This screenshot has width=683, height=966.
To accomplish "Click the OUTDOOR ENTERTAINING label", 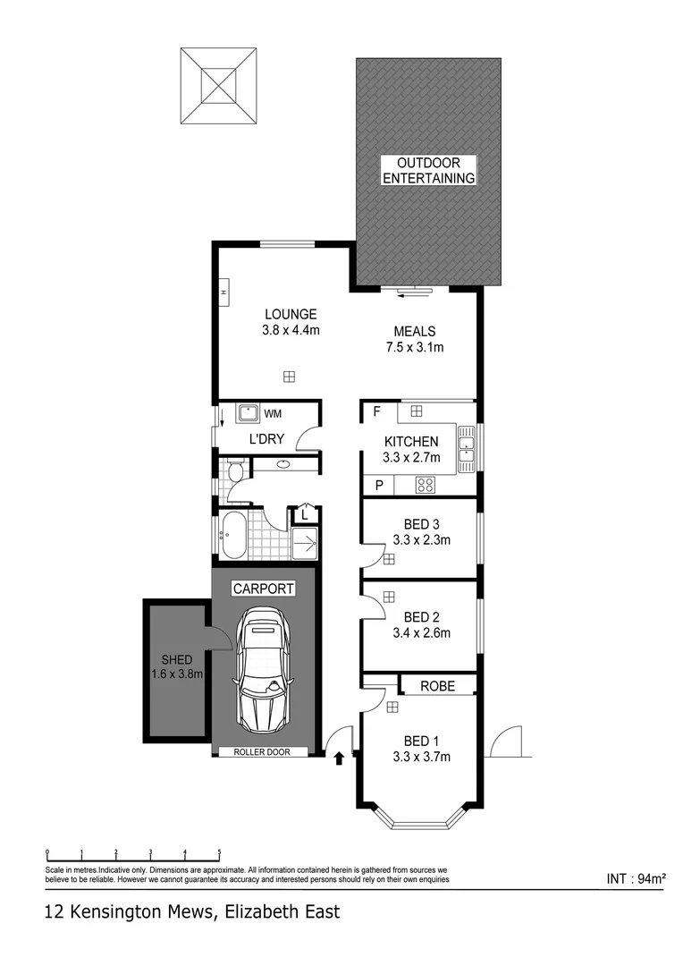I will tap(428, 170).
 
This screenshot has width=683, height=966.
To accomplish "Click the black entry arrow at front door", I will tap(339, 759).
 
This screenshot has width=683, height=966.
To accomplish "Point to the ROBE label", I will tap(437, 686).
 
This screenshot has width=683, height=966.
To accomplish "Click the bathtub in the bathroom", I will tap(235, 536).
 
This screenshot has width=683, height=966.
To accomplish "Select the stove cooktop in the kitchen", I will tap(426, 486).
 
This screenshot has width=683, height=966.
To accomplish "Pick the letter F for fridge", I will tap(377, 412).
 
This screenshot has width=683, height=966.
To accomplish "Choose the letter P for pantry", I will tap(379, 486).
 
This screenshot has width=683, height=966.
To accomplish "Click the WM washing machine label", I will tap(272, 413).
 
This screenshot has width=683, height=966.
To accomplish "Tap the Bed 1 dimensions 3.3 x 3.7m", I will tap(421, 757).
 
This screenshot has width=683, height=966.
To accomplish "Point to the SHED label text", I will tap(177, 659).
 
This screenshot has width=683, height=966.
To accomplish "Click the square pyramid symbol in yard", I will tap(220, 87).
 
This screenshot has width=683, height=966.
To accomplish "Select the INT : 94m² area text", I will tap(636, 878).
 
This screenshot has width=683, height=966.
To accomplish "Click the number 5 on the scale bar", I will tap(219, 852).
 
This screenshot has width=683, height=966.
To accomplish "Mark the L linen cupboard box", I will tap(305, 514).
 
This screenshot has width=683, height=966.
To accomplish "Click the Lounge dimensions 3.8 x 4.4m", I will tap(291, 330).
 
